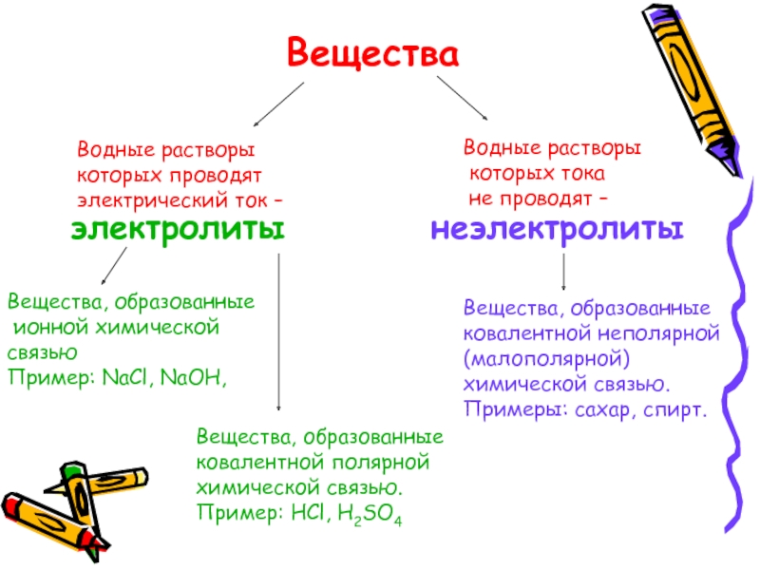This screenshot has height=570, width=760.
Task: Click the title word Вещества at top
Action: click(x=372, y=52)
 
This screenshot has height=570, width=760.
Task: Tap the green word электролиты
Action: click(x=178, y=230)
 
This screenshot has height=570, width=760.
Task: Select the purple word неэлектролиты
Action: click(x=557, y=230)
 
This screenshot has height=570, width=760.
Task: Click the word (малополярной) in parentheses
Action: click(x=546, y=360)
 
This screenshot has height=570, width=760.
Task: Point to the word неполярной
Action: click(x=661, y=334)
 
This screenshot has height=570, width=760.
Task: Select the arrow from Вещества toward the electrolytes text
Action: click(x=278, y=104)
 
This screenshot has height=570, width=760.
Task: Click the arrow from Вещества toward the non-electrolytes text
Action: click(x=463, y=99)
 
